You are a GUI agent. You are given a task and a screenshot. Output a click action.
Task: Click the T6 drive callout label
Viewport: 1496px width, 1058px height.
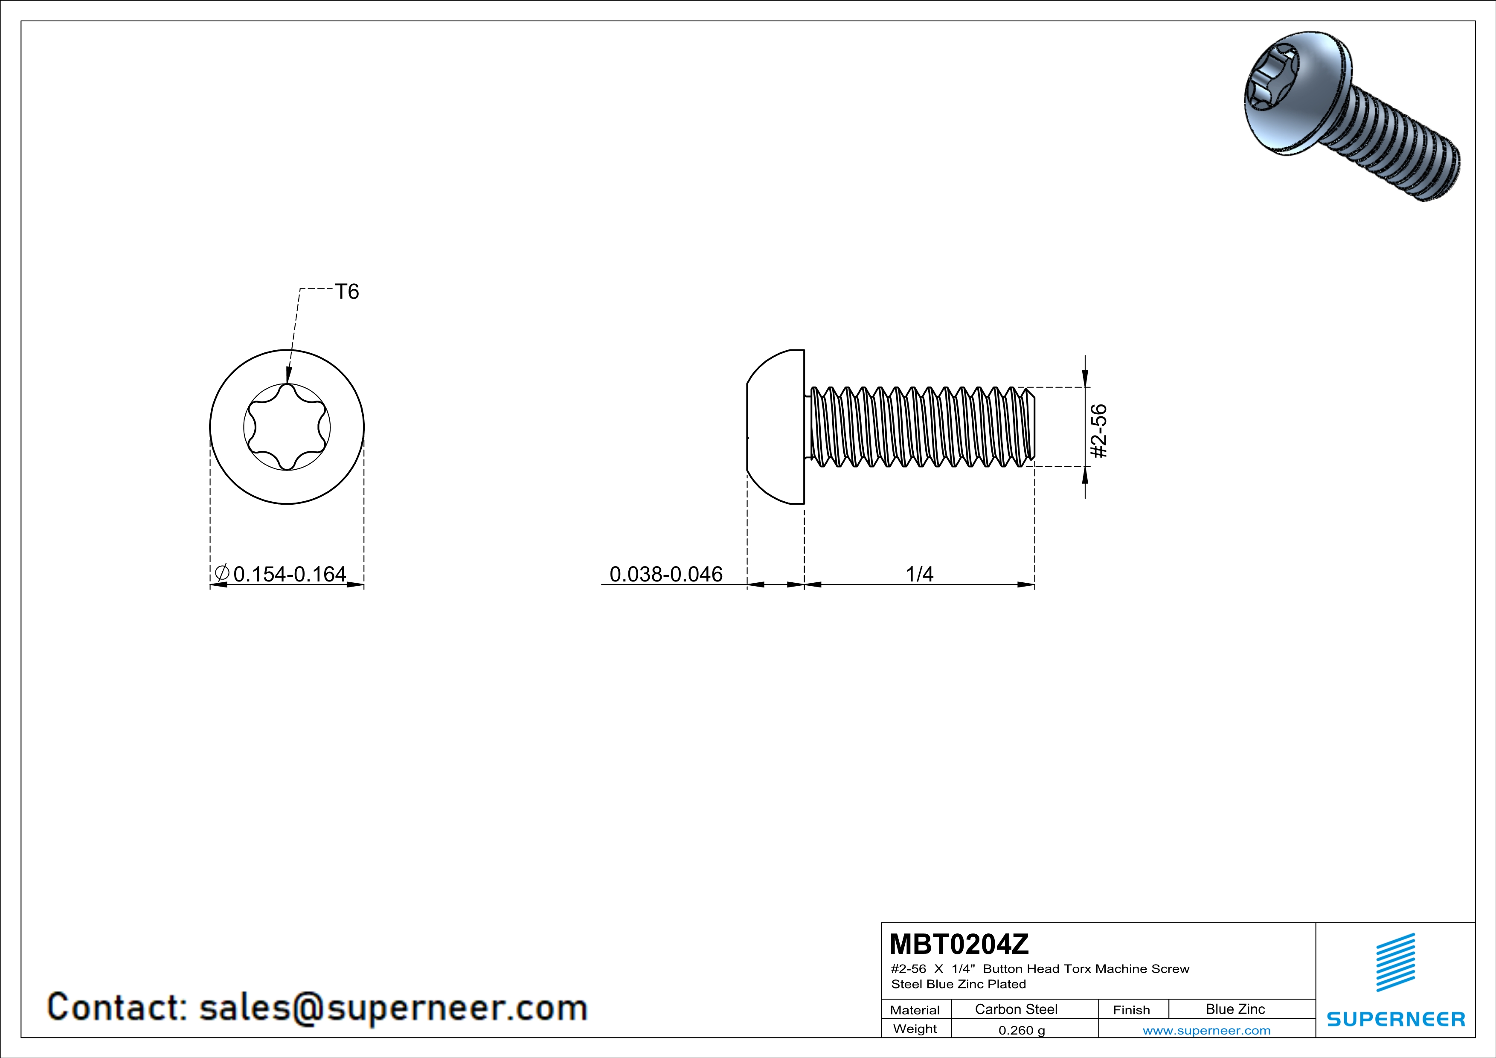tap(347, 291)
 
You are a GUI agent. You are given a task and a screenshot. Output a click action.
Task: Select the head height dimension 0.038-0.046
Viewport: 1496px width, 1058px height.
tap(666, 574)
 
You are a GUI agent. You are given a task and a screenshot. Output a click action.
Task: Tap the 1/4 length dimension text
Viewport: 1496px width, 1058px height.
tap(919, 574)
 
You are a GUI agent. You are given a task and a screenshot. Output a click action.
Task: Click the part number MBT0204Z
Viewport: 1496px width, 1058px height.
tap(959, 944)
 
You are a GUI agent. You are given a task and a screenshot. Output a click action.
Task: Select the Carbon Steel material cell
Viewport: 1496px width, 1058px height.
tap(1016, 1009)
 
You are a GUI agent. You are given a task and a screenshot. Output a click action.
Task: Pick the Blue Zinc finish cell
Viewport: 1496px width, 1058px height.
tap(1235, 1009)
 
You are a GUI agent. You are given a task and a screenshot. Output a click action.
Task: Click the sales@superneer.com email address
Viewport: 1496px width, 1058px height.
tap(393, 1007)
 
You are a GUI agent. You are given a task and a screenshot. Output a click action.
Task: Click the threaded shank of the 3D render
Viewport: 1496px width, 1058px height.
tap(1401, 153)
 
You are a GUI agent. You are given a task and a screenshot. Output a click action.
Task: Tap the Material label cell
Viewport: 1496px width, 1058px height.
tap(915, 1010)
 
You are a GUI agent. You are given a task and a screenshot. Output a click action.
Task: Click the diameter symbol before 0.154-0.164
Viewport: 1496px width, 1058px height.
tap(221, 573)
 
